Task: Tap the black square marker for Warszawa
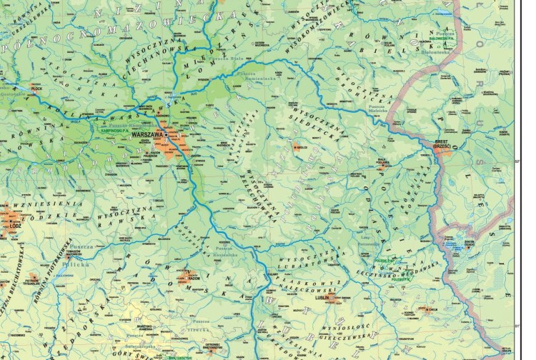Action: point(167,134)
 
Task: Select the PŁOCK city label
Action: point(37,89)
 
